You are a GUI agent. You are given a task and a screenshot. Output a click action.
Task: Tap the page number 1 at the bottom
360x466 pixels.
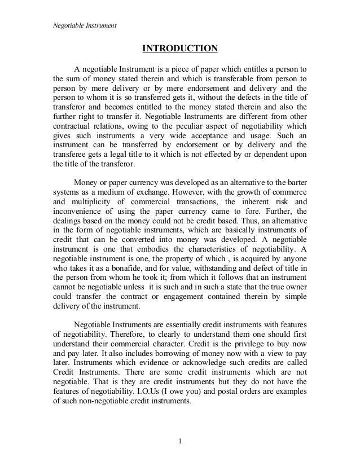(179, 441)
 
